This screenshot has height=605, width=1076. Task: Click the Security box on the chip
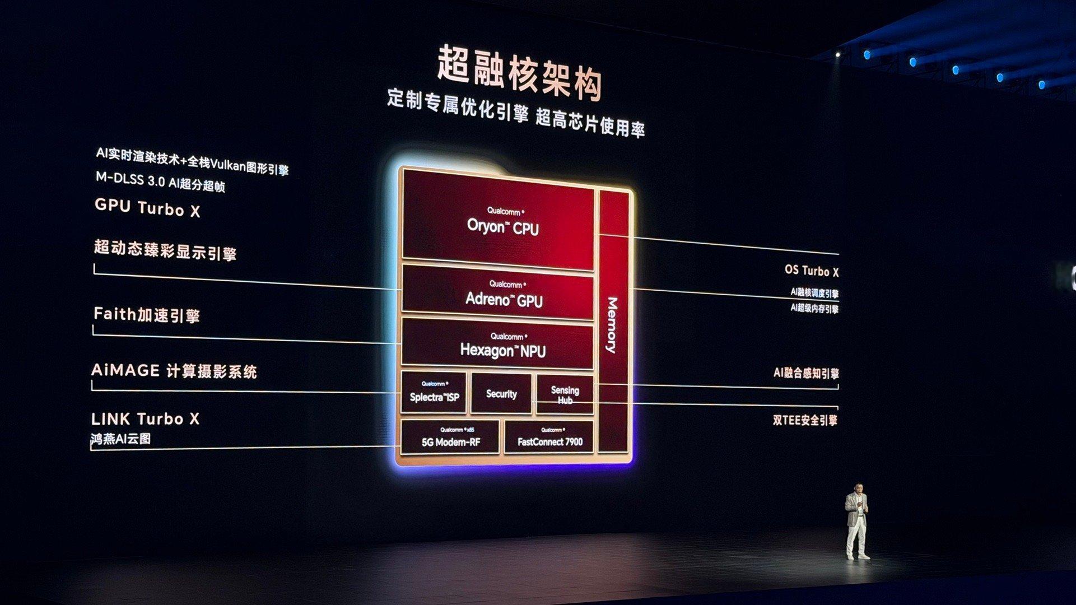click(501, 394)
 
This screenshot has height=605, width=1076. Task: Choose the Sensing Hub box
click(565, 394)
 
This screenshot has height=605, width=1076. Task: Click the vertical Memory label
click(612, 325)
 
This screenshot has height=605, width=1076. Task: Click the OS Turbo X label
click(811, 271)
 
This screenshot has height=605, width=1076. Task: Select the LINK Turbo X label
click(145, 418)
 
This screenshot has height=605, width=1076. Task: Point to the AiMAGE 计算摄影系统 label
click(174, 371)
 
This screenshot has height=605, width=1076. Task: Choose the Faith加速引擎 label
click(147, 314)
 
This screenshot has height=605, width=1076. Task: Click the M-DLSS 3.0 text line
click(160, 182)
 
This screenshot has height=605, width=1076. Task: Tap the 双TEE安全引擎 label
click(805, 420)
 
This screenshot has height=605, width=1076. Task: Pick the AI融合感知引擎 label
click(805, 373)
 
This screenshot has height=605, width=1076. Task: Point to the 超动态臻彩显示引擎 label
click(165, 250)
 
